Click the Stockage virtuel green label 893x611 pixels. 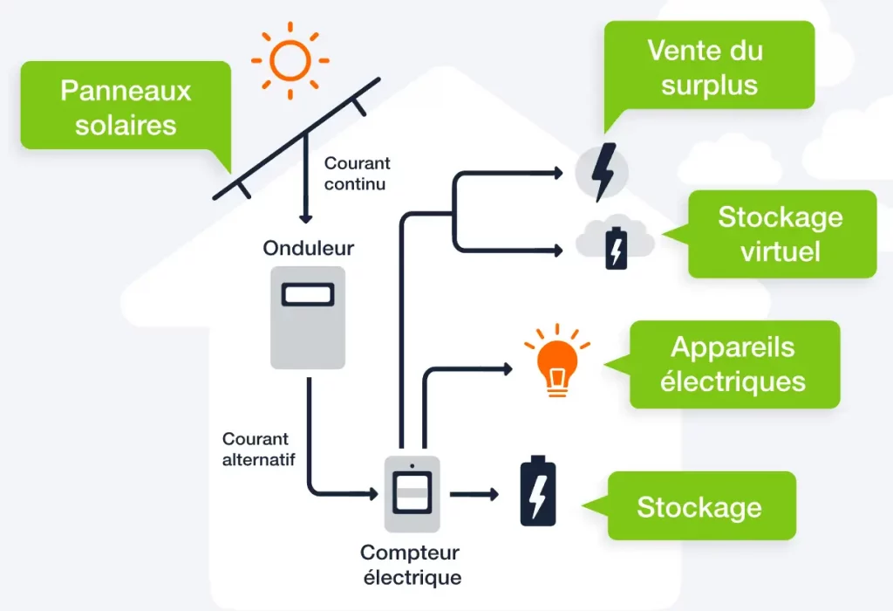(781, 233)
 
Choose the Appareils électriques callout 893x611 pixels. (733, 364)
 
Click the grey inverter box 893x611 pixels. (308, 317)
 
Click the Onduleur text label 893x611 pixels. (309, 248)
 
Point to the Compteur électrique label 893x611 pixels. (410, 565)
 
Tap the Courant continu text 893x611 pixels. (357, 174)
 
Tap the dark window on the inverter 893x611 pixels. (308, 294)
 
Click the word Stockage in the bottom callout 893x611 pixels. (699, 507)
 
